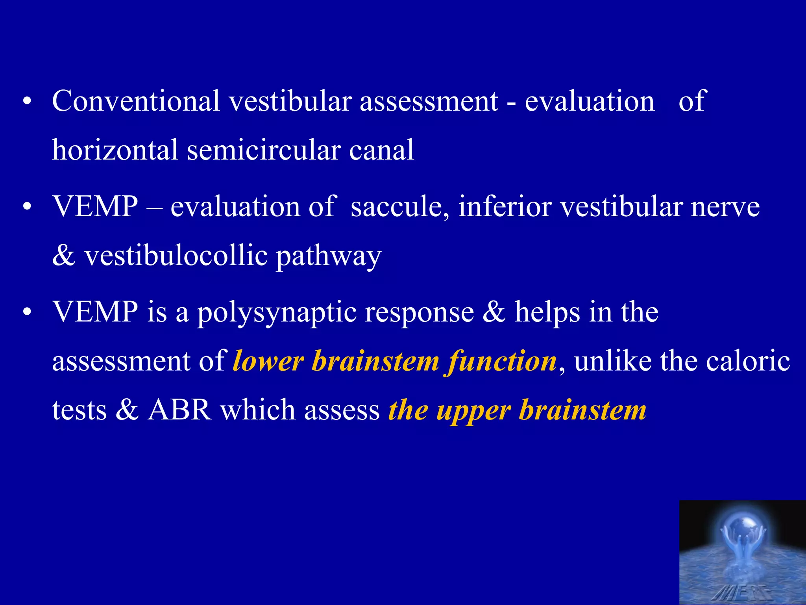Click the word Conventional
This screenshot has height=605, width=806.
tap(136, 101)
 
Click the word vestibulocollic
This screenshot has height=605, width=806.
tap(176, 256)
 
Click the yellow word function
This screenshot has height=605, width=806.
tap(502, 362)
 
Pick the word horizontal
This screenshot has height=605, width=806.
tap(115, 150)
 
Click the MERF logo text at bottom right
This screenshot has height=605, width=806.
tap(742, 592)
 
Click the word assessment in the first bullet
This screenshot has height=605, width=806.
tap(429, 101)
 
